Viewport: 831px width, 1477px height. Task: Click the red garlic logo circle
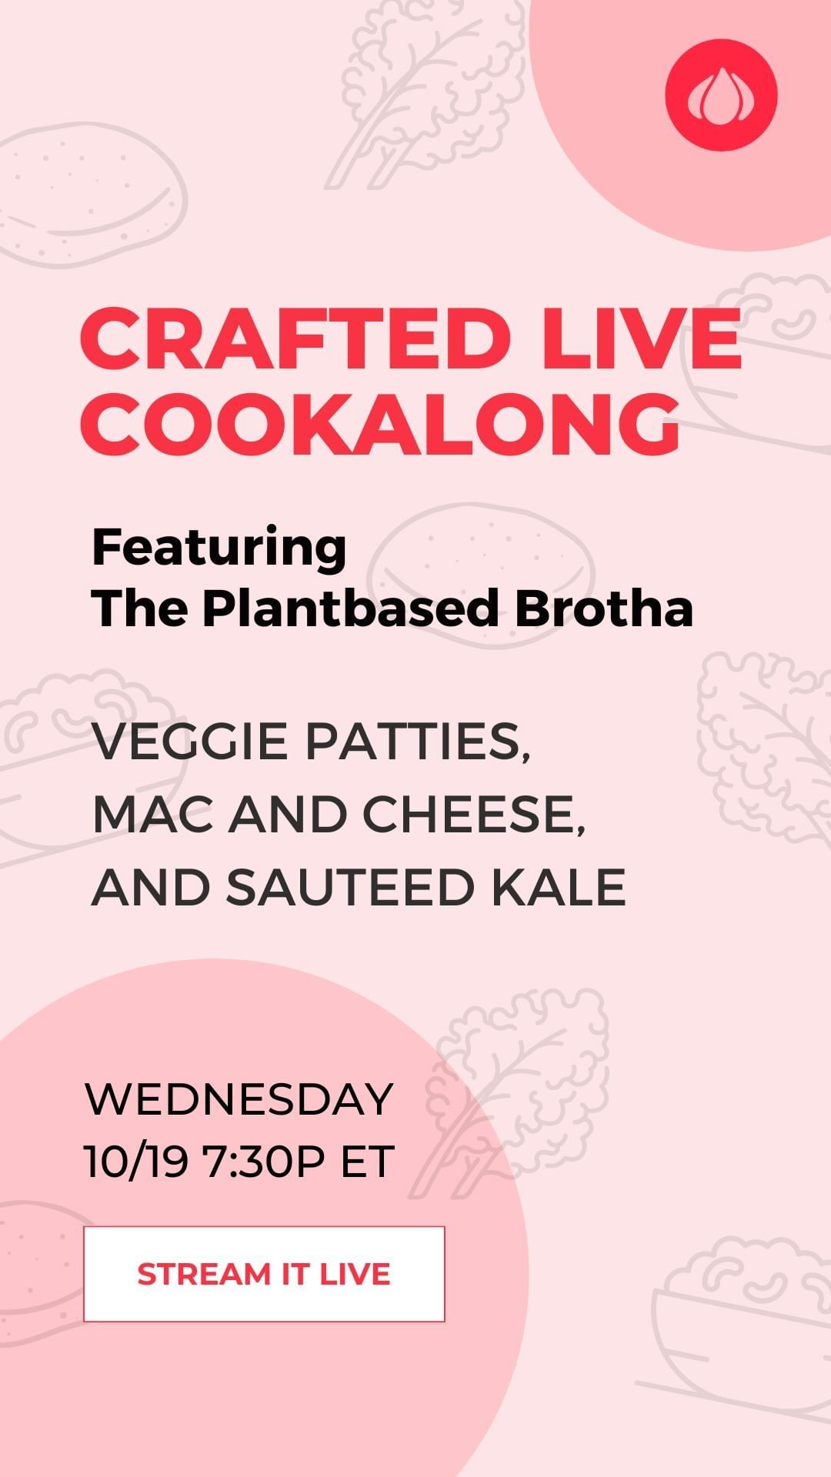[721, 95]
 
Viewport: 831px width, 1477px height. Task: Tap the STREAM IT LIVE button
[264, 1274]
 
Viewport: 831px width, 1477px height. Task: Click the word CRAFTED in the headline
[295, 338]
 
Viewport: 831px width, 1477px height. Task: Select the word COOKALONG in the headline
[381, 424]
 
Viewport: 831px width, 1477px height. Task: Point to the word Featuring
[219, 548]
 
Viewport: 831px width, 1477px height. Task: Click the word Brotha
[604, 608]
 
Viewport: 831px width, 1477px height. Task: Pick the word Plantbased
[351, 608]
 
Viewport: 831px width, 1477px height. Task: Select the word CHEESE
[474, 815]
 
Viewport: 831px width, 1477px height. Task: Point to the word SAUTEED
[350, 887]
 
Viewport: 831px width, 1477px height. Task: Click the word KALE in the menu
[559, 887]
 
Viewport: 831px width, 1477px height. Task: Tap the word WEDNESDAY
[239, 1099]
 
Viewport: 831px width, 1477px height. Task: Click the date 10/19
[136, 1162]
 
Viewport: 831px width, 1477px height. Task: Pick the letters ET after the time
[368, 1162]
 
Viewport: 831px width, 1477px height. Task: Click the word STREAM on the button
[204, 1275]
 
